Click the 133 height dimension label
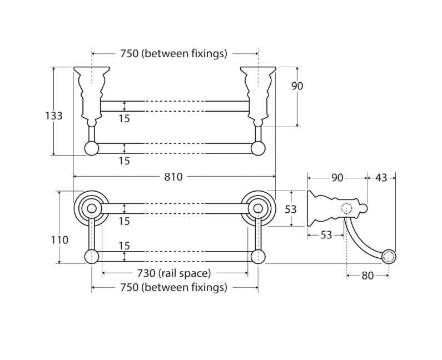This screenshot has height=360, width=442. click(54, 116)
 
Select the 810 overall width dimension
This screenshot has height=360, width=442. click(173, 177)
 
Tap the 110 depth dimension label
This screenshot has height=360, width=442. click(59, 240)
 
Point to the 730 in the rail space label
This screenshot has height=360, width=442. click(146, 273)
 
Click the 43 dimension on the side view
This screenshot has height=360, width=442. click(381, 178)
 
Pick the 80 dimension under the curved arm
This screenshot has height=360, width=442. click(367, 275)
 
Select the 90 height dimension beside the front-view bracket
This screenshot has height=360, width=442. click(297, 86)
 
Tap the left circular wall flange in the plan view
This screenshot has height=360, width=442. click(91, 208)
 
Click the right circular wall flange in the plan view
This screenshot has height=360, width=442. click(258, 208)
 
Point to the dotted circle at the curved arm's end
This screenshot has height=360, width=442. click(389, 256)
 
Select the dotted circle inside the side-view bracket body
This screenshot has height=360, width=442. click(346, 209)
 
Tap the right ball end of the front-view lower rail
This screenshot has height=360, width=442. click(258, 148)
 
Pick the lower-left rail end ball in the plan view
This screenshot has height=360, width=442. click(91, 256)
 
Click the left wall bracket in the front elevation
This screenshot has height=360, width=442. click(91, 94)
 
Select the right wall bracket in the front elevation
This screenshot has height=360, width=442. click(258, 94)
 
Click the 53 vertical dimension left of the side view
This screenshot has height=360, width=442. click(290, 209)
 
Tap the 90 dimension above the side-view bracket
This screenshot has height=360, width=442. click(337, 178)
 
